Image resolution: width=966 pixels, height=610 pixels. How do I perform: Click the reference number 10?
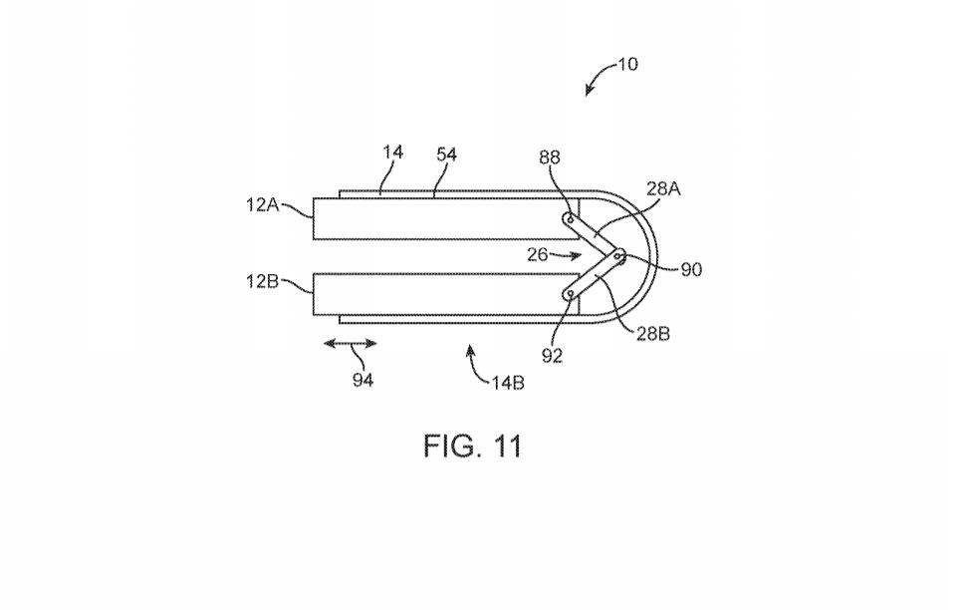(x=627, y=64)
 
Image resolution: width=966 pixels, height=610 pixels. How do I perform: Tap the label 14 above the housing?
(x=392, y=152)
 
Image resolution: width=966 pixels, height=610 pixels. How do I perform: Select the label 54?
(x=447, y=154)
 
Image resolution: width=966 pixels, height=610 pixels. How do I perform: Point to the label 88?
(x=550, y=157)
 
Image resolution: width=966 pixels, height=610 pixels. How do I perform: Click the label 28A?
(x=663, y=188)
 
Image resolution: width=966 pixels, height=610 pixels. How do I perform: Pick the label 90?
(x=691, y=269)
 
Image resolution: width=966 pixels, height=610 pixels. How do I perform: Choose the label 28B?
(x=653, y=334)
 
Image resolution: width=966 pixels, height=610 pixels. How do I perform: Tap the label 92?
(x=552, y=356)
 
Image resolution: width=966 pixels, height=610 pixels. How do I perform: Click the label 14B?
(x=508, y=383)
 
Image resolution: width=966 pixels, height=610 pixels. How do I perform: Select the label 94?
(x=362, y=380)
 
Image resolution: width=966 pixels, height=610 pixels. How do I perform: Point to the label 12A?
(x=263, y=204)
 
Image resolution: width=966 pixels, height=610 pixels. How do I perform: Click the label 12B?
(x=263, y=281)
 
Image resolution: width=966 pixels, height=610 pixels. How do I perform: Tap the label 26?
(x=538, y=254)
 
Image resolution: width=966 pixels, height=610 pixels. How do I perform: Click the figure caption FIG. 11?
(x=472, y=446)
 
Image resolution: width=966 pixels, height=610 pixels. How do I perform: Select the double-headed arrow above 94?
(x=350, y=344)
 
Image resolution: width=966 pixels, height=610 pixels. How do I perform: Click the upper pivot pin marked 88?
(x=571, y=218)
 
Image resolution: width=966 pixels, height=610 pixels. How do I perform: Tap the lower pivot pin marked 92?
(x=571, y=294)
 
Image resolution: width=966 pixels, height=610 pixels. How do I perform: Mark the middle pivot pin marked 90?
(x=618, y=254)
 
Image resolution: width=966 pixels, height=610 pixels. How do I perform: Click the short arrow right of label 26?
(x=567, y=255)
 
